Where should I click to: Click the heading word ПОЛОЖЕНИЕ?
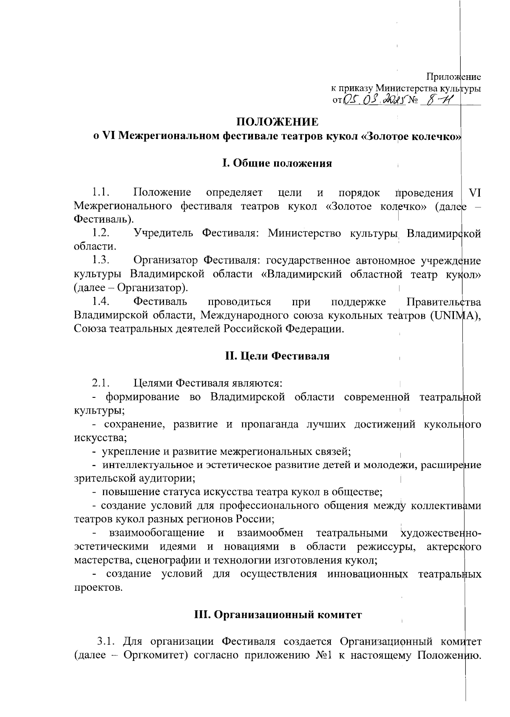tap(277, 122)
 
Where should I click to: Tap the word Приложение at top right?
tap(453, 77)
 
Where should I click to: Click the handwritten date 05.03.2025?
tap(373, 100)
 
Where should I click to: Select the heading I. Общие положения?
tap(277, 163)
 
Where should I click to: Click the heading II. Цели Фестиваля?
tap(277, 356)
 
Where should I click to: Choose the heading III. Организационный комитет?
tap(278, 615)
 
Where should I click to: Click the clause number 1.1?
tap(102, 193)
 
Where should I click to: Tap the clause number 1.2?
tap(102, 233)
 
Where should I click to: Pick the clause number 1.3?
tap(102, 260)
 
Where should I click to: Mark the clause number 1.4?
tap(102, 302)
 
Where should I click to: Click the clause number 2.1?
tap(102, 383)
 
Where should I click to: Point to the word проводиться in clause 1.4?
tap(239, 302)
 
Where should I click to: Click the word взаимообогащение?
tap(156, 533)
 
